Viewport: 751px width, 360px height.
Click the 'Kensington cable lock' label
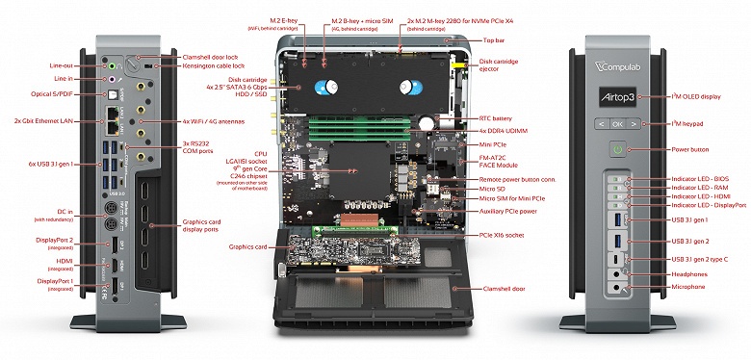click(216, 68)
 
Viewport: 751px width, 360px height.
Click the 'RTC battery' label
click(496, 117)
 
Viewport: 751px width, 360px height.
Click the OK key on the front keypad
click(616, 123)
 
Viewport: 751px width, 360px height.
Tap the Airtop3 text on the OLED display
click(616, 97)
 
